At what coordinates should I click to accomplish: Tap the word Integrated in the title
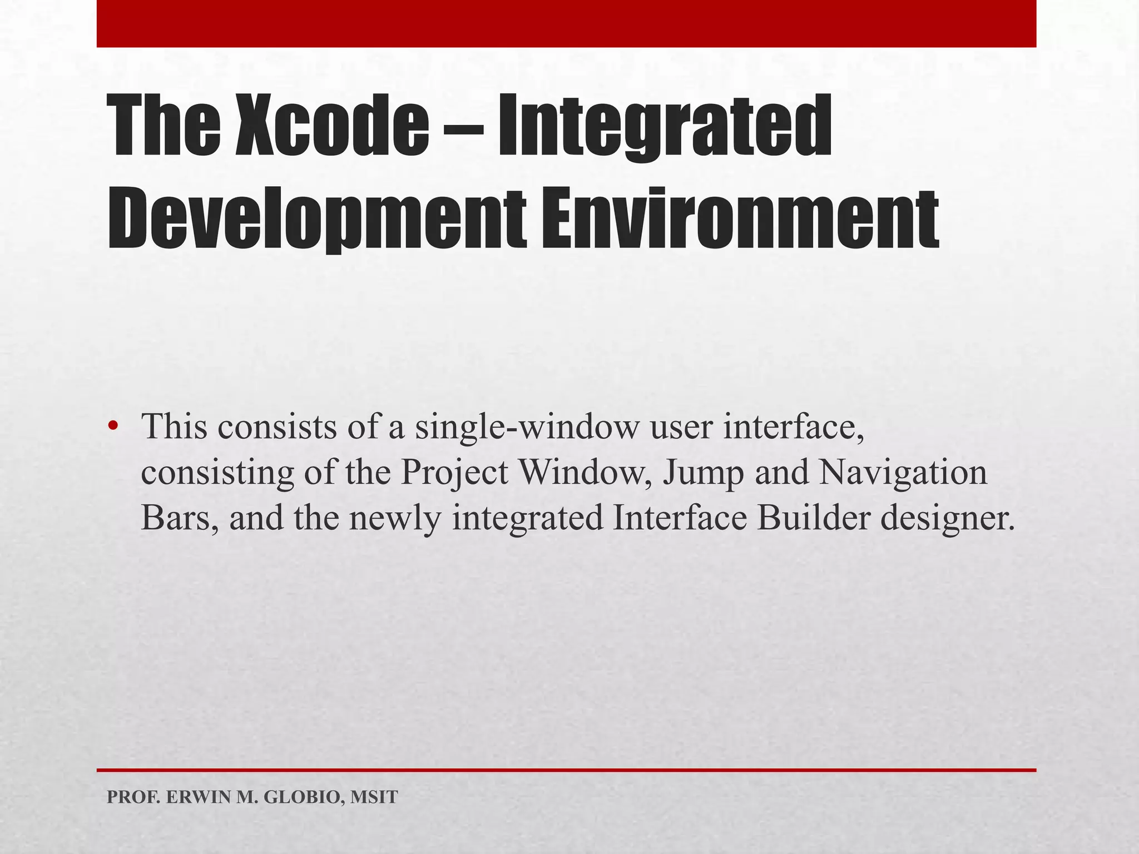pyautogui.click(x=664, y=127)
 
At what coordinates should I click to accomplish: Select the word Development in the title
pyautogui.click(x=316, y=220)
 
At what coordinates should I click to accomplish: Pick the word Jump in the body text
pyautogui.click(x=703, y=473)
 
